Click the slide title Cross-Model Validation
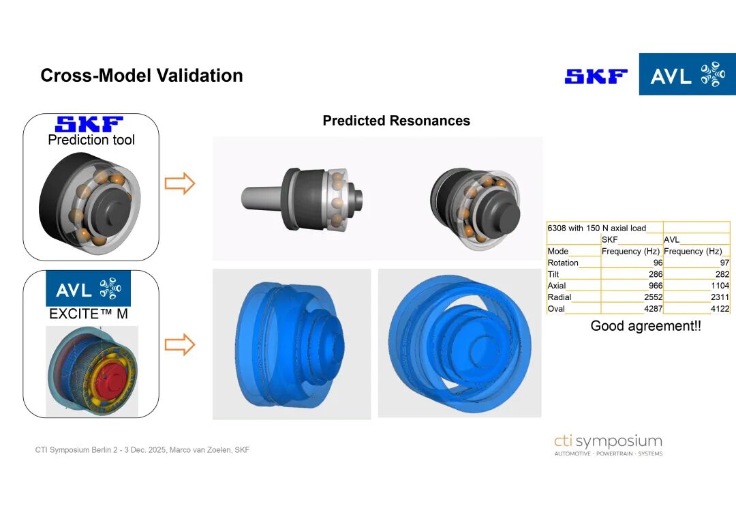click(x=142, y=76)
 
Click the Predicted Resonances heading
click(x=396, y=121)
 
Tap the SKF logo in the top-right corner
click(x=596, y=76)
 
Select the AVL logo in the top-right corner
click(x=687, y=74)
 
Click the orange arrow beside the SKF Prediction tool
click(x=180, y=183)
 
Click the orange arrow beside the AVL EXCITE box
click(x=180, y=344)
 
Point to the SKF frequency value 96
click(x=658, y=263)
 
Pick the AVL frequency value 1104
click(x=720, y=286)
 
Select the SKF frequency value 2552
click(x=654, y=297)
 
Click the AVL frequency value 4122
click(x=720, y=309)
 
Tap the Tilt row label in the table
click(x=553, y=274)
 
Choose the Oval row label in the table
click(x=556, y=309)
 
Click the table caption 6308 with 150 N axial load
click(x=596, y=228)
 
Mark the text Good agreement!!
click(x=645, y=325)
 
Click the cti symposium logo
click(x=609, y=445)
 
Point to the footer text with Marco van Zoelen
click(x=142, y=449)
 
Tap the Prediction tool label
click(x=91, y=140)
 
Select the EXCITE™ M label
click(x=89, y=314)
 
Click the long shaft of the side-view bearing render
click(x=263, y=197)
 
